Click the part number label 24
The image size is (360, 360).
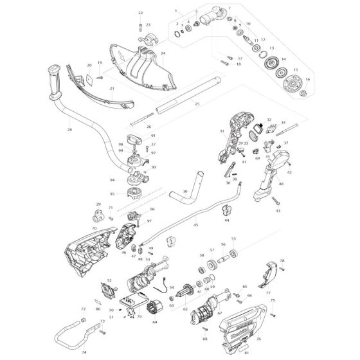point(163,53)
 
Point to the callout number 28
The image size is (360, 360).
point(69,130)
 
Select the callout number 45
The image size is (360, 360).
point(195,225)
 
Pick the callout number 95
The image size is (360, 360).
point(113,194)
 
